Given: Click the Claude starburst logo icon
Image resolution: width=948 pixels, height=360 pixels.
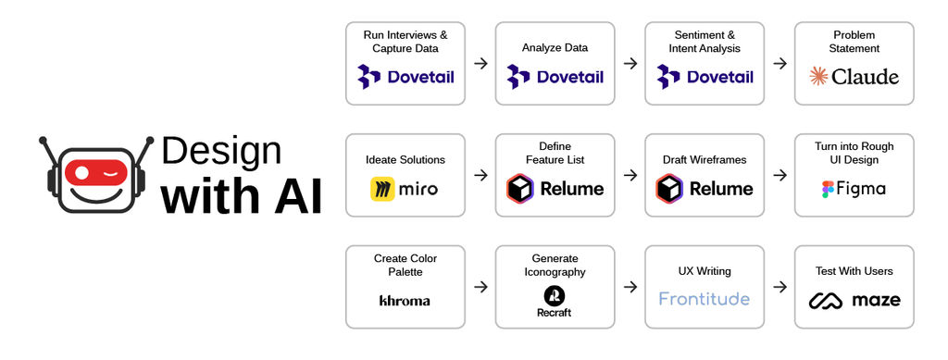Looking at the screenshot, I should (x=818, y=77).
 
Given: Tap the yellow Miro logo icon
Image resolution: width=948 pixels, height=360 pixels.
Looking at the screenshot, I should (x=383, y=189).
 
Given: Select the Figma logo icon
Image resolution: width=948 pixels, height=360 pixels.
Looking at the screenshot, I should (x=827, y=189).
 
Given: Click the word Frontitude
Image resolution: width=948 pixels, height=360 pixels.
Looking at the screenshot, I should (x=705, y=299).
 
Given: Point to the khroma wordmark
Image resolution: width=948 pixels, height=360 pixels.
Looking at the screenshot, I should (x=405, y=300).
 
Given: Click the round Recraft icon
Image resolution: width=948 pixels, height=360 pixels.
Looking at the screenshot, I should (x=554, y=295).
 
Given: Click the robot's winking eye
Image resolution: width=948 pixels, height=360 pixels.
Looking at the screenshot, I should (x=112, y=171).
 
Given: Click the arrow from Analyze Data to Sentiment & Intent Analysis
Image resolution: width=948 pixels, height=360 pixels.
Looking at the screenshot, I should (x=630, y=63).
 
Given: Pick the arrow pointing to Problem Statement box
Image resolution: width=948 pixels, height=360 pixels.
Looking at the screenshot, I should (x=780, y=63).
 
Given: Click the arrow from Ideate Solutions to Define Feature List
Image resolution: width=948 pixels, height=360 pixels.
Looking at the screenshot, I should (x=480, y=175).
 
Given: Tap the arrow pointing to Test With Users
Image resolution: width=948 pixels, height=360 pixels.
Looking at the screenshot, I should (x=780, y=287).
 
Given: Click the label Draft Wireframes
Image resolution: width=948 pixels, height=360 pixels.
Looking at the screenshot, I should (x=705, y=160).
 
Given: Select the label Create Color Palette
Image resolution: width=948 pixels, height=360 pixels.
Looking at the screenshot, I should (x=405, y=265).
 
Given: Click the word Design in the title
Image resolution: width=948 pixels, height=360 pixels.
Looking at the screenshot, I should (x=221, y=151).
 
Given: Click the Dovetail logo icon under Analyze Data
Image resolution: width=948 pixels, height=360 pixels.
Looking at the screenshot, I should (x=518, y=77).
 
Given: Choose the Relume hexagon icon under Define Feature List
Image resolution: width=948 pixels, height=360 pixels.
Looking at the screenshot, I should (x=520, y=189).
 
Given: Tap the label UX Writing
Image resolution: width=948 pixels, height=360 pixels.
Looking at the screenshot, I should (x=705, y=271).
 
